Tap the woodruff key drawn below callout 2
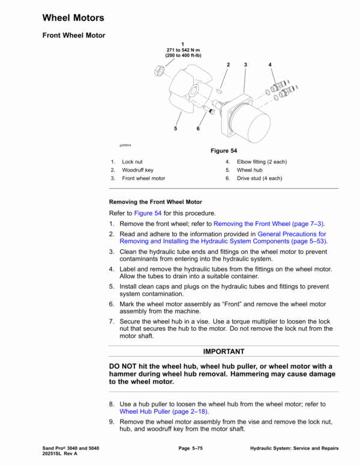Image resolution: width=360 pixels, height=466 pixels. [x=220, y=91]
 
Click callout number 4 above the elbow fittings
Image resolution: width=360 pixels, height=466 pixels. [x=270, y=64]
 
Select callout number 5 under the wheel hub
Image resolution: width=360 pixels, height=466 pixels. [x=176, y=129]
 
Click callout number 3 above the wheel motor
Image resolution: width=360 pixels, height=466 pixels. [x=245, y=64]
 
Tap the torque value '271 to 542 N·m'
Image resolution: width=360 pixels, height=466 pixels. [x=182, y=50]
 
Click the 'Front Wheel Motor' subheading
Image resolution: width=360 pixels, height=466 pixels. [x=74, y=35]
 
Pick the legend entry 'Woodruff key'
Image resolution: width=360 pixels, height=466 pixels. [x=137, y=170]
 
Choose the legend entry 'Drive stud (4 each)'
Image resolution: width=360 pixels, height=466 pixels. [x=259, y=178]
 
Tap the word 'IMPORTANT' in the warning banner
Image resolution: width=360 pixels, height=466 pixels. [x=224, y=351]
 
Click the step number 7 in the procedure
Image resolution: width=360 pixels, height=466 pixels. [x=112, y=321]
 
